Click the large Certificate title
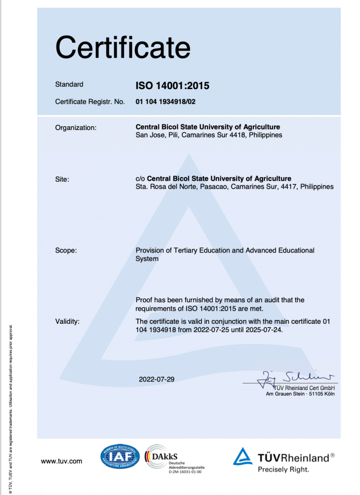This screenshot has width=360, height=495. (x=123, y=47)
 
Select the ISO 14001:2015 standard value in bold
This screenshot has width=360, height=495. (x=172, y=86)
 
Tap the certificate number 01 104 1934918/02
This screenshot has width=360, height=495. (x=165, y=101)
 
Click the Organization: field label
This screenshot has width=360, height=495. (x=76, y=128)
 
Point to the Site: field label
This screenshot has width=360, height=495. (x=62, y=179)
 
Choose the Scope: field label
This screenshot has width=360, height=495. (x=66, y=251)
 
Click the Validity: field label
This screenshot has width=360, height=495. (x=67, y=321)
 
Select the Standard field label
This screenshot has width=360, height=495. (x=69, y=84)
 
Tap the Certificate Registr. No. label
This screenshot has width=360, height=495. (x=90, y=101)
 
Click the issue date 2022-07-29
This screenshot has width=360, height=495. (x=157, y=379)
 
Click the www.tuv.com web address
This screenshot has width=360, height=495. (x=61, y=461)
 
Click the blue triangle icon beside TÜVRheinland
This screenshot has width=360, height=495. (x=243, y=457)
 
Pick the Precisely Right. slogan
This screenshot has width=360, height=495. (x=283, y=469)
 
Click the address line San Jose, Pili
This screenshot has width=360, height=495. (x=209, y=135)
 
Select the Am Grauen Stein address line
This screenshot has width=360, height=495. (x=300, y=394)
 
